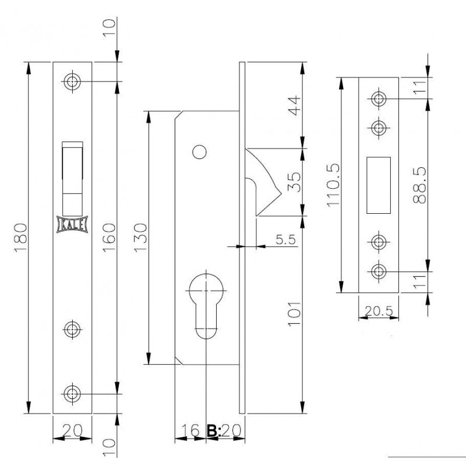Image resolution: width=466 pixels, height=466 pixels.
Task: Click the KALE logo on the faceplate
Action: (x=72, y=224)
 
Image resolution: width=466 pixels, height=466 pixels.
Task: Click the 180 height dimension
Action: (x=21, y=238)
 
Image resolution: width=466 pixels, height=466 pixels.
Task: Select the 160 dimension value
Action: (x=109, y=238)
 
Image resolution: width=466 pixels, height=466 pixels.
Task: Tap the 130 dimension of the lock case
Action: (x=140, y=238)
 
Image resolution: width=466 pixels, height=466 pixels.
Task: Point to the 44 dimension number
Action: (x=295, y=105)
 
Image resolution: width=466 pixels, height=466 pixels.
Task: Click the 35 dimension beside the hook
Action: (x=295, y=182)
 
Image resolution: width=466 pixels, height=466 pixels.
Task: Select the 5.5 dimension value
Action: (x=285, y=239)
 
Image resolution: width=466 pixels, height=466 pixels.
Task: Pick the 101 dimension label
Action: (x=295, y=314)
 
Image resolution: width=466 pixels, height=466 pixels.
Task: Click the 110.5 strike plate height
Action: (x=333, y=185)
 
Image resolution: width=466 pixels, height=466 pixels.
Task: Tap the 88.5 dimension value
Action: (x=419, y=185)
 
